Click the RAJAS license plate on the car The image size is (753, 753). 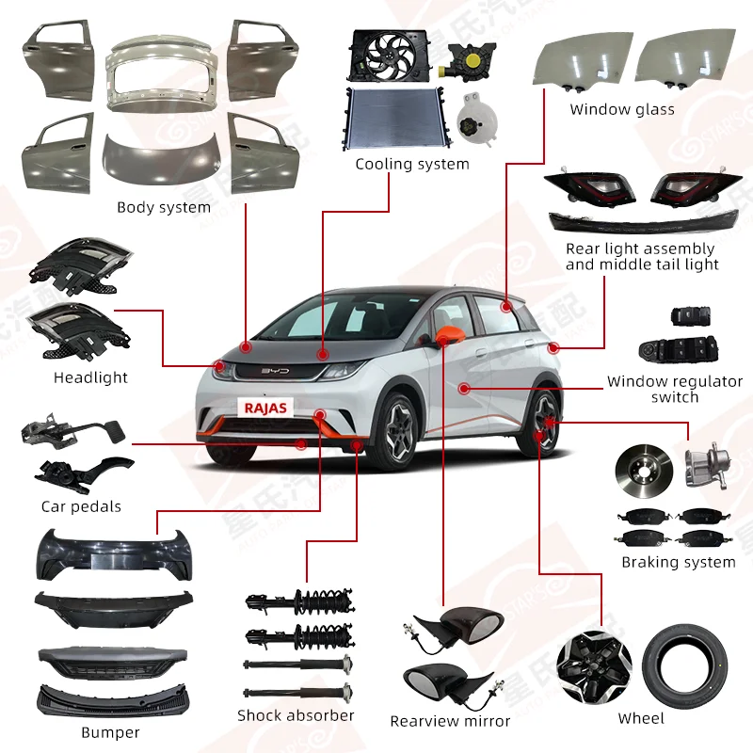coord(266,408)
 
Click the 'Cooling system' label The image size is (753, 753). coord(411,165)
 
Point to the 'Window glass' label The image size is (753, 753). coord(621,109)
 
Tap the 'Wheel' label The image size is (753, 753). coord(640,719)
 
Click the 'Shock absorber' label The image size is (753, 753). coord(296,715)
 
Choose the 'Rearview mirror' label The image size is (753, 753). coord(450,721)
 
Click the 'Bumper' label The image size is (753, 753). coord(111,732)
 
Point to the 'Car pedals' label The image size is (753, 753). coord(81,506)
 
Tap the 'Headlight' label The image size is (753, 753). coord(90,377)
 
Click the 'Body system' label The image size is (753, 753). coord(164,207)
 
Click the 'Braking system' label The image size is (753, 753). coord(678,562)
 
